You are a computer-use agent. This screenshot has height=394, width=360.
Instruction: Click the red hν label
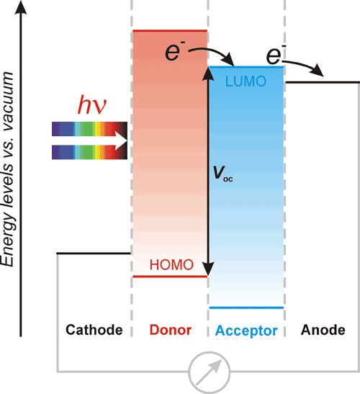click(92, 104)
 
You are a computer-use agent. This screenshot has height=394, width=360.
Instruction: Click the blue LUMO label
click(246, 81)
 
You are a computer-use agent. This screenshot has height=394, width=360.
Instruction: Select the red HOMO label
click(171, 264)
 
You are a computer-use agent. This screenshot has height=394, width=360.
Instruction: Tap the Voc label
click(222, 174)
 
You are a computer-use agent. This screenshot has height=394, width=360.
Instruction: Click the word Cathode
click(94, 330)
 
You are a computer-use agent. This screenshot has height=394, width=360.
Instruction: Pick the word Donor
click(171, 330)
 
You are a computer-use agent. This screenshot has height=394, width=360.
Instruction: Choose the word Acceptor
click(246, 331)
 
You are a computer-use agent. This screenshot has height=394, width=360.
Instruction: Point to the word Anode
click(323, 330)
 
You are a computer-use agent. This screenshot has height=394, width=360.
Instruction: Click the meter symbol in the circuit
click(210, 372)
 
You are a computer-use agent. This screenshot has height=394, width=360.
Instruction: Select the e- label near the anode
click(276, 55)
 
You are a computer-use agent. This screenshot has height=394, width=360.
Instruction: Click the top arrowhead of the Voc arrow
click(208, 73)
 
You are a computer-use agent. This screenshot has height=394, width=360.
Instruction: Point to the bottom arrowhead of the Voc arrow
click(208, 269)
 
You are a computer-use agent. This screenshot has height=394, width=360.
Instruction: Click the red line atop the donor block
click(170, 31)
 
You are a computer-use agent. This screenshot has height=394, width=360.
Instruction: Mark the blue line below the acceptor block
click(246, 308)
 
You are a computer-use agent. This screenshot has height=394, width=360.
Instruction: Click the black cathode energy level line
click(94, 254)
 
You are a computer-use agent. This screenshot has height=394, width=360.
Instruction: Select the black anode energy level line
click(323, 82)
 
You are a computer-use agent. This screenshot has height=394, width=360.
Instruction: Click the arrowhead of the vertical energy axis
click(21, 7)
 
